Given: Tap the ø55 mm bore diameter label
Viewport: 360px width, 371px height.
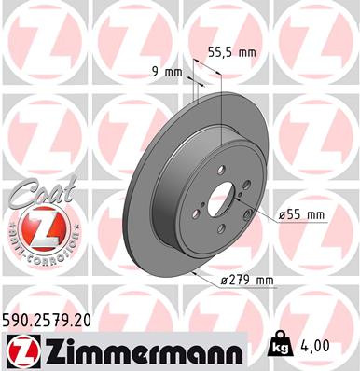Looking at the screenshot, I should [x=301, y=215].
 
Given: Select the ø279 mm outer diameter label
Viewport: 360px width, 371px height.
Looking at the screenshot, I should [x=247, y=281].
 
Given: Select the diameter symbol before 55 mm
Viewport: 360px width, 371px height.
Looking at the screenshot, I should [x=283, y=215].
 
